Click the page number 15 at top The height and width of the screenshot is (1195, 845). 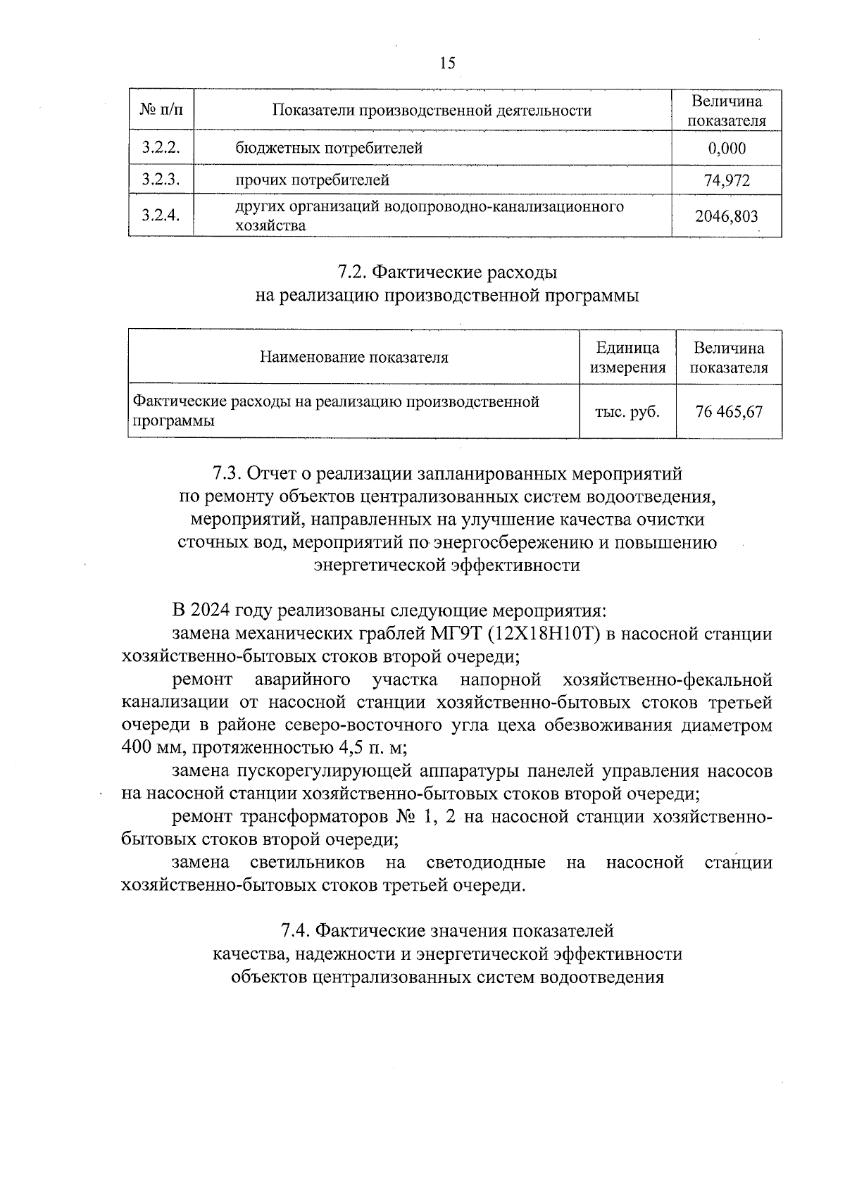point(447,63)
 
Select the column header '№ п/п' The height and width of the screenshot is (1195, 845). point(161,110)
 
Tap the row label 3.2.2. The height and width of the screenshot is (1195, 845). point(161,148)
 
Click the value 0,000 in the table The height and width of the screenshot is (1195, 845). point(727,149)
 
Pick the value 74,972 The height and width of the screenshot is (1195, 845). point(727,180)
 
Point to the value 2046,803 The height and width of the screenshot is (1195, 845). point(727,216)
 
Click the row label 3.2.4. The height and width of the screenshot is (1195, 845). point(161,216)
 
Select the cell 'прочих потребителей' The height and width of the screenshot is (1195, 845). point(313,180)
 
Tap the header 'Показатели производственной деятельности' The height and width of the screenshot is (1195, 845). point(432,110)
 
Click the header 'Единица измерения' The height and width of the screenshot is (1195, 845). point(627,357)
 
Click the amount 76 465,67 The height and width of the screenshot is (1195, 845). point(729,412)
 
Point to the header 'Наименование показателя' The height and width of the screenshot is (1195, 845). point(353,357)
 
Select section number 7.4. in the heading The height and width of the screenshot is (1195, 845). point(296,931)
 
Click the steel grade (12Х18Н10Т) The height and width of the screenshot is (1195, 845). point(543,634)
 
